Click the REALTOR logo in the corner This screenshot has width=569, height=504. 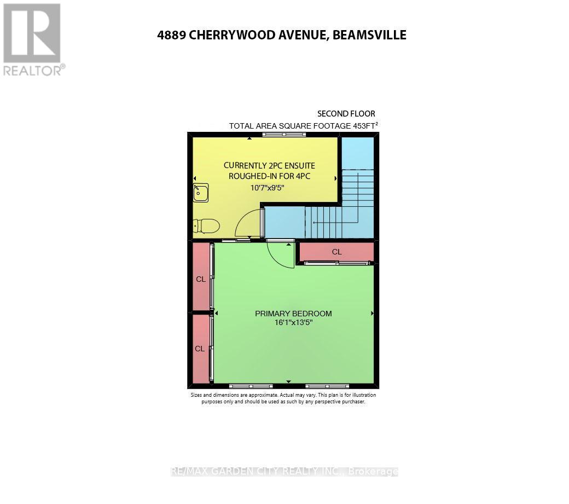pyautogui.click(x=33, y=38)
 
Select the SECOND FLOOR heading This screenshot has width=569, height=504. pyautogui.click(x=346, y=114)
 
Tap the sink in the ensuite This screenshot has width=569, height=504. pyautogui.click(x=200, y=193)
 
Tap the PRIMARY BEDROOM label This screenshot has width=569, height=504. pyautogui.click(x=293, y=314)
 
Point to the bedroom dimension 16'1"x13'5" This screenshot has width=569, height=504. pyautogui.click(x=293, y=323)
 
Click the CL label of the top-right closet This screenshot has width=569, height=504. pyautogui.click(x=336, y=252)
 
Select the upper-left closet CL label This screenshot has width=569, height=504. pyautogui.click(x=201, y=279)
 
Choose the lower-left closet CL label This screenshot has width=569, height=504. pyautogui.click(x=200, y=349)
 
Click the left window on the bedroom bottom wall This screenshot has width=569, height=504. pyautogui.click(x=251, y=386)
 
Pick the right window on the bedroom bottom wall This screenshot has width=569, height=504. pyautogui.click(x=327, y=386)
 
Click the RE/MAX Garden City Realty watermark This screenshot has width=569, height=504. pyautogui.click(x=284, y=471)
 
